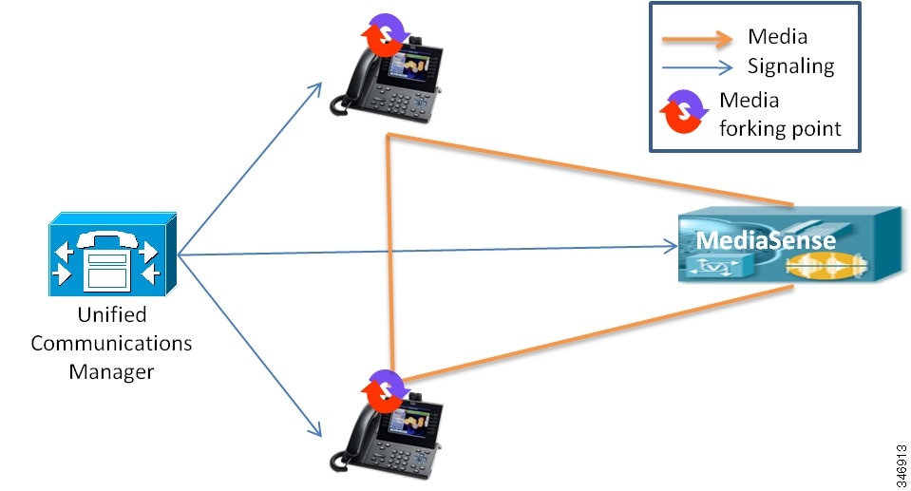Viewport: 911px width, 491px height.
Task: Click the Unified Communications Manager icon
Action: [x=111, y=255]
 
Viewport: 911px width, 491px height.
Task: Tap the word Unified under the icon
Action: [x=111, y=315]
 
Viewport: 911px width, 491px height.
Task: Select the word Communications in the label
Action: [x=111, y=343]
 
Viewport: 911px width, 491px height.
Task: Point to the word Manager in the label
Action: [x=111, y=371]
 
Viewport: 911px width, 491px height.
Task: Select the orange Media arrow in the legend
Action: [x=698, y=38]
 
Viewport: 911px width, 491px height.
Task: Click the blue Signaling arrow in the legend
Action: [x=698, y=66]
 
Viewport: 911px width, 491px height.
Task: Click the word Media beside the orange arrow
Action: [x=777, y=37]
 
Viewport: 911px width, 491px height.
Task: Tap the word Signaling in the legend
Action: [x=790, y=66]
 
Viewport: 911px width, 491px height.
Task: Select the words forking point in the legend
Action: [x=780, y=128]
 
